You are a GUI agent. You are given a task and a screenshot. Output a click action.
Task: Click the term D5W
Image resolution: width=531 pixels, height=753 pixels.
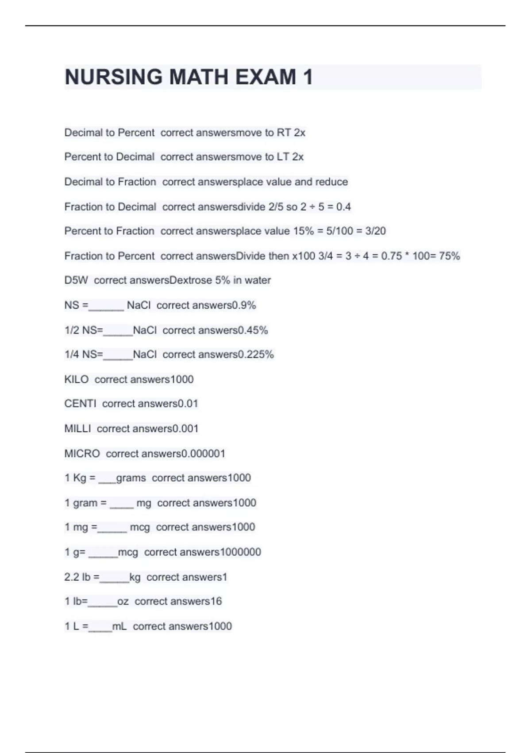click(76, 280)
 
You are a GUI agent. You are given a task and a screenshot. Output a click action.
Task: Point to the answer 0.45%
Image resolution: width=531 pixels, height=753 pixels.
click(253, 330)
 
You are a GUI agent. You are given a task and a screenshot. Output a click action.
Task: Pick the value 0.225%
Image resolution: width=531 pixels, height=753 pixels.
click(256, 354)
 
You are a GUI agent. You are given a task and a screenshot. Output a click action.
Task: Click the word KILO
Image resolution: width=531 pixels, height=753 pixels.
click(77, 379)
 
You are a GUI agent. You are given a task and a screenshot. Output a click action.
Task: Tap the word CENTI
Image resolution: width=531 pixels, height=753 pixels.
click(80, 404)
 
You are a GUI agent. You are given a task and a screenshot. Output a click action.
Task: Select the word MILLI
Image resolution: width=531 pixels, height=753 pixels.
click(78, 428)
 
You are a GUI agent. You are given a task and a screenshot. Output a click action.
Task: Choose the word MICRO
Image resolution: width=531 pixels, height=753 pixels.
click(82, 454)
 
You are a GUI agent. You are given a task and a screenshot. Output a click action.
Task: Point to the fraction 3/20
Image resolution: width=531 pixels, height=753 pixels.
click(375, 231)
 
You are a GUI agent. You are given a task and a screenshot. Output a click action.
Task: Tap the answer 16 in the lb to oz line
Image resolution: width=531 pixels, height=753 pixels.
click(216, 601)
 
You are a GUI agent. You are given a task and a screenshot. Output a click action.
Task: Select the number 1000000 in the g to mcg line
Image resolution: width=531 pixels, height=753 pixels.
click(240, 552)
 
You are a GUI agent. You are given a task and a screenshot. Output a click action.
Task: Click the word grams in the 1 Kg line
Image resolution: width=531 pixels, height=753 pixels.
click(131, 478)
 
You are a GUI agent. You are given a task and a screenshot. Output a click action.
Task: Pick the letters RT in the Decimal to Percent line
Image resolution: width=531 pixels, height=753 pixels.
click(284, 132)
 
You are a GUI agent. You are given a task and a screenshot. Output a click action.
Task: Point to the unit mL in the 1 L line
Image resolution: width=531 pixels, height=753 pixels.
click(119, 626)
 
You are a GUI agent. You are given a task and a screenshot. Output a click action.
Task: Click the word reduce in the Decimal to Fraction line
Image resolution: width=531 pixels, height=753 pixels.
click(331, 182)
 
